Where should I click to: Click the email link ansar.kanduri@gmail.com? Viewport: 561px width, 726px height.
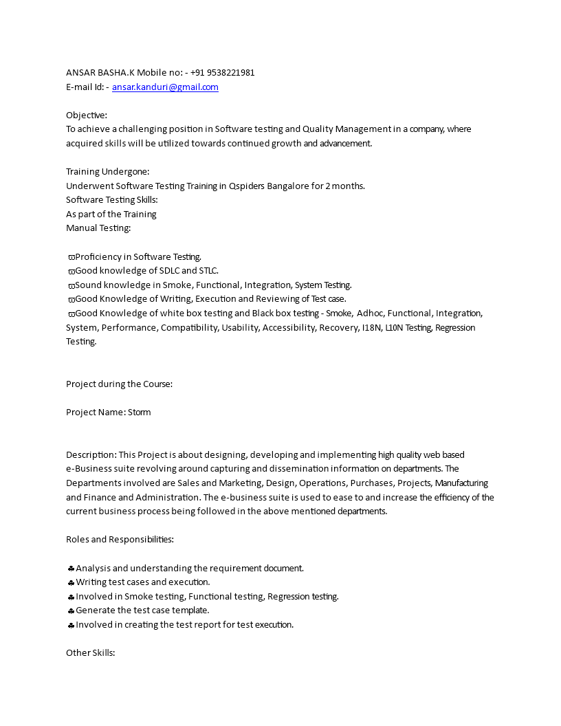(165, 87)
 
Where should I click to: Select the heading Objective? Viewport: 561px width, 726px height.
(87, 115)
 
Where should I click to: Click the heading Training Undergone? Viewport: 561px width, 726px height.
(107, 172)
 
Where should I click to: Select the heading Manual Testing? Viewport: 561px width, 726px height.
(98, 228)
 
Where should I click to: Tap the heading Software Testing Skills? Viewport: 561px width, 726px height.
(112, 200)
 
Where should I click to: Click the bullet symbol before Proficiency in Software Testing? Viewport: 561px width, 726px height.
(71, 257)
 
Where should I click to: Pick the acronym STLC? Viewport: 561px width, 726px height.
(208, 271)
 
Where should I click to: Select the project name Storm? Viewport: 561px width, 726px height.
(139, 412)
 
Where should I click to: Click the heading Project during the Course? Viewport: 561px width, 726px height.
(119, 384)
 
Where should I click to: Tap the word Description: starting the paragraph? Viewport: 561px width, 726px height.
(91, 455)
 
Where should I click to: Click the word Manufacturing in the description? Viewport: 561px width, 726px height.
(461, 483)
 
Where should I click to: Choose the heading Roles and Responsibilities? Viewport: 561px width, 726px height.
(120, 540)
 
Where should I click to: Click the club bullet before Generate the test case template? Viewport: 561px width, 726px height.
(71, 610)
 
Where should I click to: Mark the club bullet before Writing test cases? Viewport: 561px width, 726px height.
(71, 582)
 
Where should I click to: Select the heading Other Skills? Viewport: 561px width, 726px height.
(90, 652)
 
